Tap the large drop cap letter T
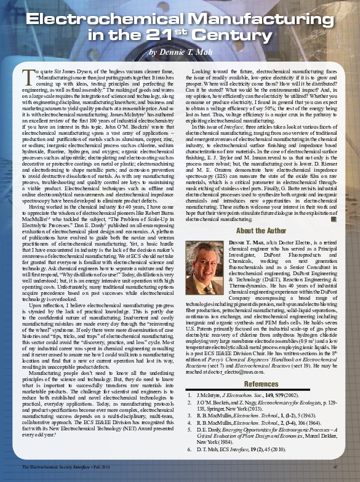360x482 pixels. point(27,76)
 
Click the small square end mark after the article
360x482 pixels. point(333,219)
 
